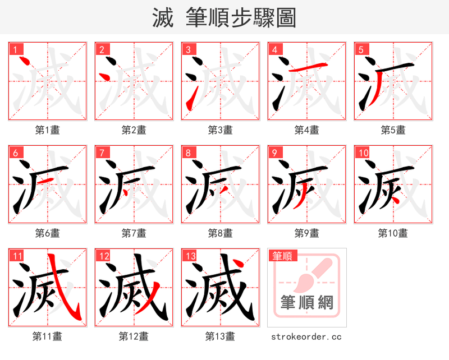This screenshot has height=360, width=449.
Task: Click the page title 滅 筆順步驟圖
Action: pyautogui.click(x=224, y=17)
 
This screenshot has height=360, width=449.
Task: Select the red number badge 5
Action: pyautogui.click(x=361, y=49)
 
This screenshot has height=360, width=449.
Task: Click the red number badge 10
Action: pyautogui.click(x=363, y=153)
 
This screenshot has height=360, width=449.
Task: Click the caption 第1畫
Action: pyautogui.click(x=48, y=130)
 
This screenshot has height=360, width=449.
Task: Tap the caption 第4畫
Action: pyautogui.click(x=306, y=130)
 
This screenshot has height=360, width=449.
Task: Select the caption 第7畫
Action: pyautogui.click(x=134, y=233)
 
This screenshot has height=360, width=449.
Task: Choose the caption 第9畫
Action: pyautogui.click(x=306, y=233)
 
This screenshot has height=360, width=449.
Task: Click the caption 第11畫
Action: pyautogui.click(x=48, y=336)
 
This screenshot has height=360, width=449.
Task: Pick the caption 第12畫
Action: pyautogui.click(x=134, y=336)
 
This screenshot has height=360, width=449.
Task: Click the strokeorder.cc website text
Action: pyautogui.click(x=306, y=337)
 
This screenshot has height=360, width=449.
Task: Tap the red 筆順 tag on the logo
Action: pyautogui.click(x=282, y=256)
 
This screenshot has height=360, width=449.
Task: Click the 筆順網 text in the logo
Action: pyautogui.click(x=306, y=302)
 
